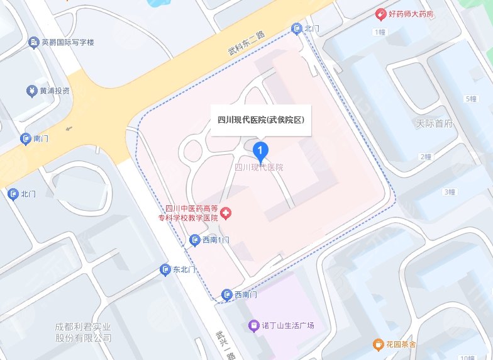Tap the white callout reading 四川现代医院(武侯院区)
(x=260, y=120)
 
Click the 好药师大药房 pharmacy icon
(x=380, y=14)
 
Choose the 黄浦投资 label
(x=54, y=91)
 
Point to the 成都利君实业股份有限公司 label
(x=83, y=333)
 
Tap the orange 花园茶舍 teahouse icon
(x=378, y=344)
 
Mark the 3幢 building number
(x=449, y=192)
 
